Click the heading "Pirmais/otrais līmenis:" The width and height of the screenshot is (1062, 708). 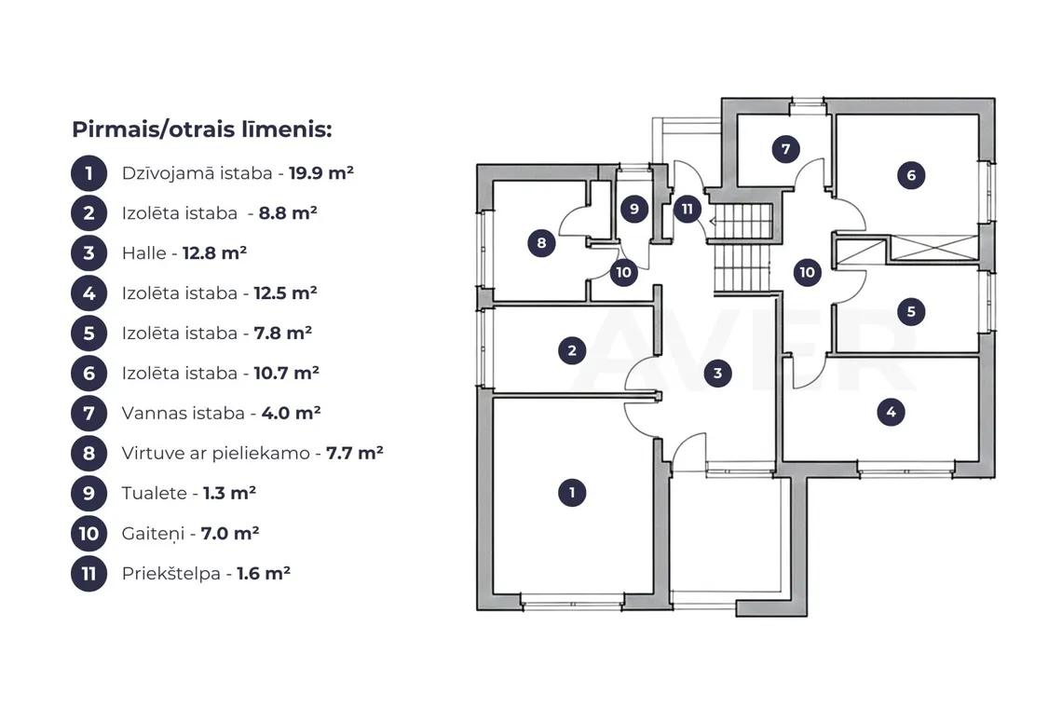(202, 129)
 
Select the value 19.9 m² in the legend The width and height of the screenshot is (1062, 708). (321, 172)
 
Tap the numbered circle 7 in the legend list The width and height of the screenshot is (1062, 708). (88, 414)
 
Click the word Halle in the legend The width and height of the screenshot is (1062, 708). (143, 252)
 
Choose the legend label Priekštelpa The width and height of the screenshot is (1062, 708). (171, 574)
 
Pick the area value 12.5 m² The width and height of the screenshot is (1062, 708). (285, 293)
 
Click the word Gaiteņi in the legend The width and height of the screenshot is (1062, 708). (153, 534)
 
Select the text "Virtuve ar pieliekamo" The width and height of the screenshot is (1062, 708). (216, 454)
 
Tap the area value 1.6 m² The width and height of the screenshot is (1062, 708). (264, 573)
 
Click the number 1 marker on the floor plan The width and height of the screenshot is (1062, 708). (572, 493)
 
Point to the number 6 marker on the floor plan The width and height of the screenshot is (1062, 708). (911, 175)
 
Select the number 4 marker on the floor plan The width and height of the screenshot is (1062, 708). (891, 411)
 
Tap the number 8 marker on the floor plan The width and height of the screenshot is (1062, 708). (541, 242)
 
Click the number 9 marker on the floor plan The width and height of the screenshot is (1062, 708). (634, 208)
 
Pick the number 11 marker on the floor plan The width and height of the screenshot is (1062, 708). (688, 209)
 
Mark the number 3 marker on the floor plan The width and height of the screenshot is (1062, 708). (717, 373)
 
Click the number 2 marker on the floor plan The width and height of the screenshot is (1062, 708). (572, 350)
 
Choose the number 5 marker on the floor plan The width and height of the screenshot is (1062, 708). (911, 312)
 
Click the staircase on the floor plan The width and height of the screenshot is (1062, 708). (743, 248)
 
